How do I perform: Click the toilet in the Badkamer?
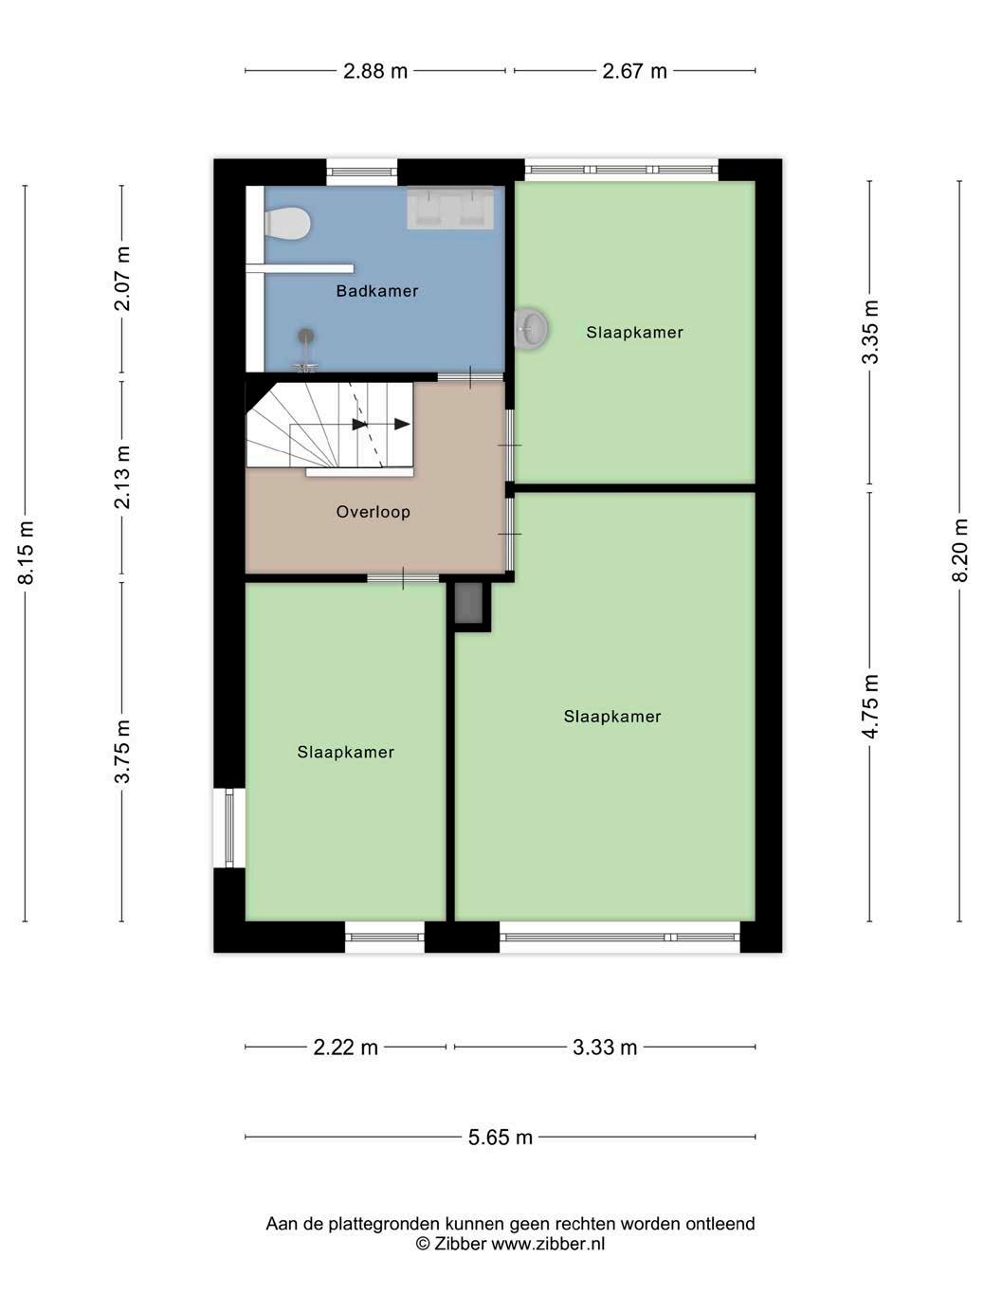point(286,224)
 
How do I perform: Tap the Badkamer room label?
point(376,291)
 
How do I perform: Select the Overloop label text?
point(373,512)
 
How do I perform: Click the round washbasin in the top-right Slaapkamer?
point(531,328)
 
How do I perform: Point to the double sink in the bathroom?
point(450,208)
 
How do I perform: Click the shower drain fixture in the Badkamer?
point(306,350)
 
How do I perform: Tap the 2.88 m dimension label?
point(375,71)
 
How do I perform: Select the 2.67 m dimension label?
point(634,71)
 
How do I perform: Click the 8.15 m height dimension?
point(27,552)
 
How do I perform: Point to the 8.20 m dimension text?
point(959,549)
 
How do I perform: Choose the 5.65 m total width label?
point(501,1137)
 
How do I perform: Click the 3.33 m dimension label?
point(605,1048)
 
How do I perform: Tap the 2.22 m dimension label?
point(345,1048)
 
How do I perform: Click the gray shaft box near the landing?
point(468,603)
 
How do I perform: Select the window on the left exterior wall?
point(228,828)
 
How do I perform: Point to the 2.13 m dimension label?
point(122,477)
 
